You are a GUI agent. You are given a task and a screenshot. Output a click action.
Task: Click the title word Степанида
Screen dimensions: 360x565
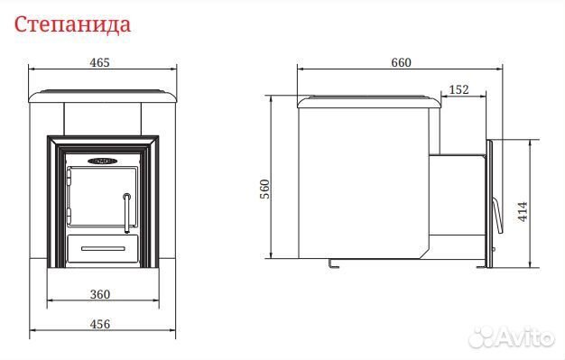pyautogui.click(x=73, y=23)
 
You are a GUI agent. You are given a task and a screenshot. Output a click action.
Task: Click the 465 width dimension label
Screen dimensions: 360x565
pyautogui.click(x=99, y=63)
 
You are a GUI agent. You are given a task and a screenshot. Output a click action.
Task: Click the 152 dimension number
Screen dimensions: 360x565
pyautogui.click(x=458, y=88)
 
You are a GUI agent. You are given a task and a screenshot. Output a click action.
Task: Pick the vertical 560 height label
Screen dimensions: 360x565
pyautogui.click(x=264, y=188)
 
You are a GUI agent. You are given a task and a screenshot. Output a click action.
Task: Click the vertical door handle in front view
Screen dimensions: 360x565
pyautogui.click(x=126, y=210)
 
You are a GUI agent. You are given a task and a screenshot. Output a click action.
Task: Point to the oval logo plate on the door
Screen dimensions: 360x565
pyautogui.click(x=99, y=162)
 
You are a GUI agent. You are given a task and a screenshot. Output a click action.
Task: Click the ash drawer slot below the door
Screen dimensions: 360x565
pyautogui.click(x=101, y=245)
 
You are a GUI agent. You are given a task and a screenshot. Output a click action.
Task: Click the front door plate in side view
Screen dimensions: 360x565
pyautogui.click(x=487, y=204)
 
